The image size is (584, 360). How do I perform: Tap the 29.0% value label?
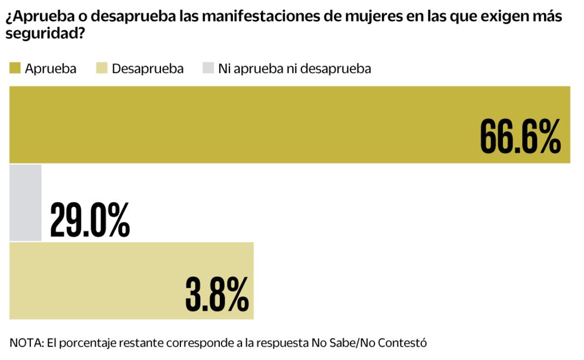[x=90, y=221]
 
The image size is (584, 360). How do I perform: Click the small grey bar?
[x=25, y=202]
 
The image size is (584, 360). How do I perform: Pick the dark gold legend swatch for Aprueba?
[x=15, y=69]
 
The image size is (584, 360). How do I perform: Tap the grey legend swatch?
[x=207, y=69]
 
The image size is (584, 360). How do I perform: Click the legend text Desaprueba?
[x=147, y=69]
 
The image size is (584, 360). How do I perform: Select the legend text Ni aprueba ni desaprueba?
[x=294, y=69]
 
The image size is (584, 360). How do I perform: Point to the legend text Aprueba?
[x=50, y=69]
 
